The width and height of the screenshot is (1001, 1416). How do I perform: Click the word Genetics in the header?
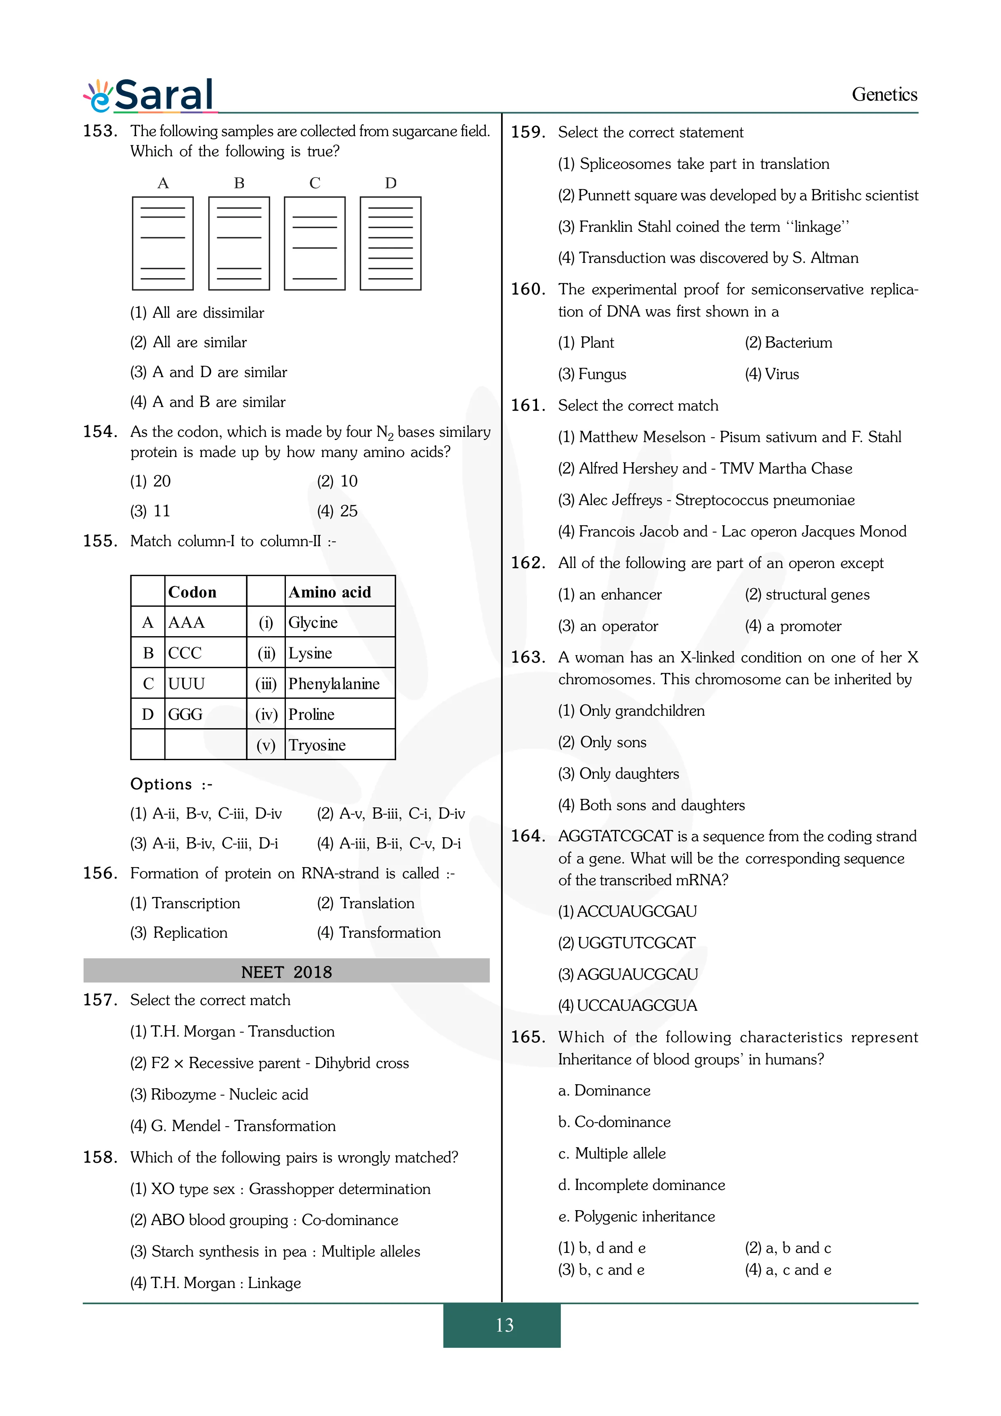coord(884,94)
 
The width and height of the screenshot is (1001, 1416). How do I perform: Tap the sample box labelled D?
coord(390,243)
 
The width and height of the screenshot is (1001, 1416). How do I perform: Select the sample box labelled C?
coord(315,243)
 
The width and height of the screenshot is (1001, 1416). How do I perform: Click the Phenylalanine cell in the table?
coord(334,683)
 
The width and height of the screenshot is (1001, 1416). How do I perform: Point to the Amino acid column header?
coord(330,592)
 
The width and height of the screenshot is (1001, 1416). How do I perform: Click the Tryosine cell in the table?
coord(317,745)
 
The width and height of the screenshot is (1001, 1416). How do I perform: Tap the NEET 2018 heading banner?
coord(286,972)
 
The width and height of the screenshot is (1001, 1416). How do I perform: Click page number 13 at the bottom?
coord(504,1325)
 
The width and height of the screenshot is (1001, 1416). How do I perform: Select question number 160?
coord(528,289)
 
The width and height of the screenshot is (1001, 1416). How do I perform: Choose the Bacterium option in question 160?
coord(788,343)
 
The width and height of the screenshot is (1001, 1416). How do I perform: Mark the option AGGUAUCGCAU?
coord(628,974)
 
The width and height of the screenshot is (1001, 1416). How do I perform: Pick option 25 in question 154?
coord(337,511)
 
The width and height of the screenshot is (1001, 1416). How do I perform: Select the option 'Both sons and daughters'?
coord(651,805)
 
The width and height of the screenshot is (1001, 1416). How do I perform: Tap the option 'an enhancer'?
coord(609,595)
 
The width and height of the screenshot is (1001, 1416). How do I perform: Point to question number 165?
coord(528,1037)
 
